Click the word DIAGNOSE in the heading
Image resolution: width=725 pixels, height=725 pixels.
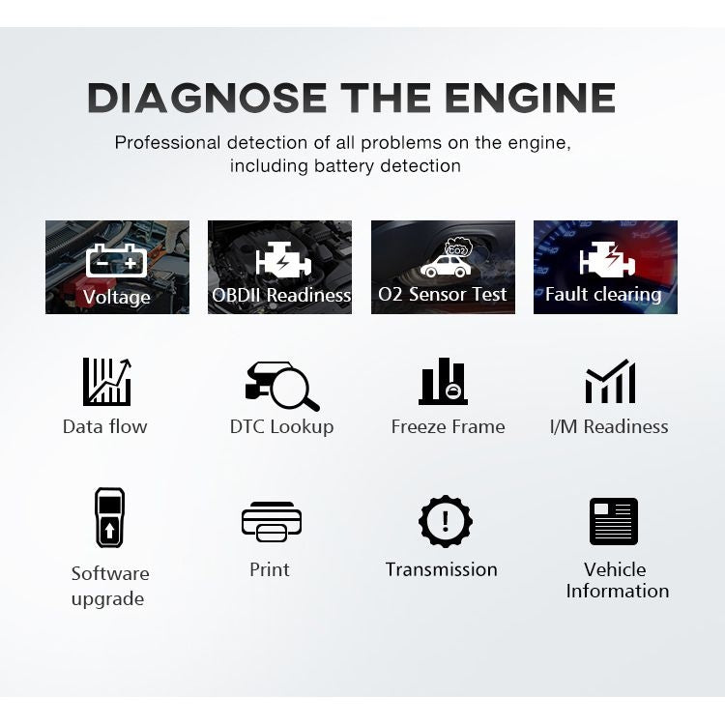pos(206,98)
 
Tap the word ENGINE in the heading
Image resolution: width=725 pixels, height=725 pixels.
pos(530,98)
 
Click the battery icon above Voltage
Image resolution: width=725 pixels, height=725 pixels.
pos(117,260)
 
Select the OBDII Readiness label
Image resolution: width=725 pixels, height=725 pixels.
pos(280,295)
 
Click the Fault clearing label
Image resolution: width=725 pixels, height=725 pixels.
pos(604,295)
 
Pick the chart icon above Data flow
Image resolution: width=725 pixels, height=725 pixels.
pos(106,381)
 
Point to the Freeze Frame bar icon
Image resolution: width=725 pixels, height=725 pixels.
pos(444,382)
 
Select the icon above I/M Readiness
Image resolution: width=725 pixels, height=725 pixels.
pos(610,382)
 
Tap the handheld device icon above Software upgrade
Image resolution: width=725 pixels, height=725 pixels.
pos(109,517)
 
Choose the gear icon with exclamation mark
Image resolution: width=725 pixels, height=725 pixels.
pos(445,522)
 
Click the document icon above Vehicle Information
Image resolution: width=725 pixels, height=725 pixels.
pos(614,522)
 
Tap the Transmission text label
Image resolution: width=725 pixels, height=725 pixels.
pos(442,569)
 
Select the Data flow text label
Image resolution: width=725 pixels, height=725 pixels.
pos(105,426)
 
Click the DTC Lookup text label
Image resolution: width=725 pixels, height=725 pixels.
pos(281,426)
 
